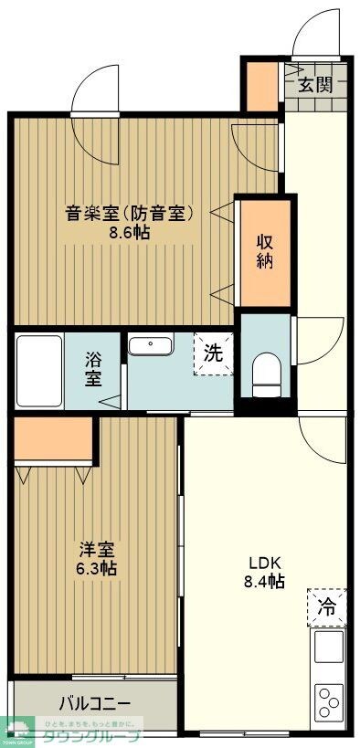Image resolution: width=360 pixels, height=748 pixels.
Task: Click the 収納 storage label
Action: tap(265, 251)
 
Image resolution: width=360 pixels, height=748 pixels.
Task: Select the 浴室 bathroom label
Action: tap(94, 369)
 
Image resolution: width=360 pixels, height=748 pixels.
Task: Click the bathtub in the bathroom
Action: tap(39, 371)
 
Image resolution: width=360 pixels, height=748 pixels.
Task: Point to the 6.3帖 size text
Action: tap(96, 568)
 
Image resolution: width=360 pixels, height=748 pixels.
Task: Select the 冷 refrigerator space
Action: tap(326, 605)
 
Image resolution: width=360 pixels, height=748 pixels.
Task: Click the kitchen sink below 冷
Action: tap(329, 647)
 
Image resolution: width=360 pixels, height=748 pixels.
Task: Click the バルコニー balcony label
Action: tap(95, 704)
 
